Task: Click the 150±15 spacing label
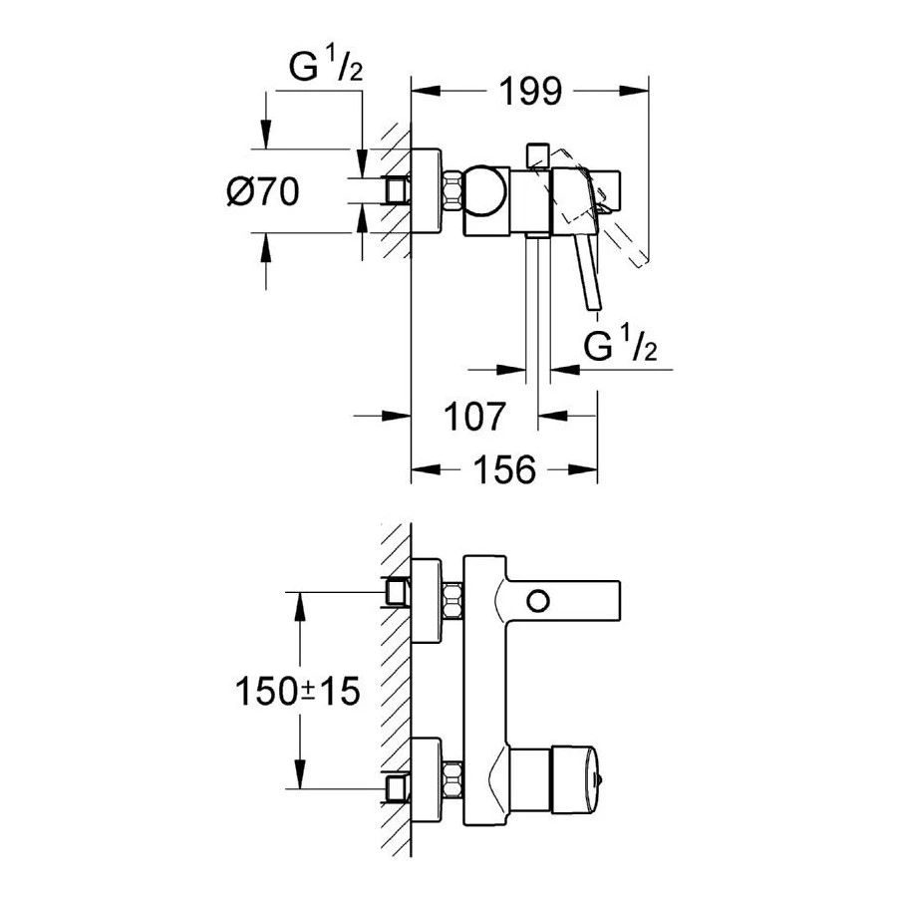point(297,690)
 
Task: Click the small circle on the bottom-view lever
point(539,601)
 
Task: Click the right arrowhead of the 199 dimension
point(638,92)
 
